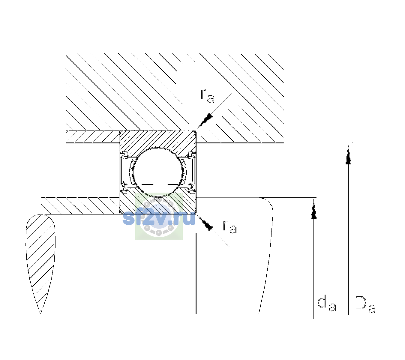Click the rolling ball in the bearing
coord(158,172)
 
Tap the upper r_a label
coord(208,96)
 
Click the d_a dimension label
coord(327,303)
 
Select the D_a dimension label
coord(365,304)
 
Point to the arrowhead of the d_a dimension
coord(313,209)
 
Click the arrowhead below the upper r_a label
coord(204,121)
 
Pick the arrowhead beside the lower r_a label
coord(205,223)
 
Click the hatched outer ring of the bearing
coord(158,139)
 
